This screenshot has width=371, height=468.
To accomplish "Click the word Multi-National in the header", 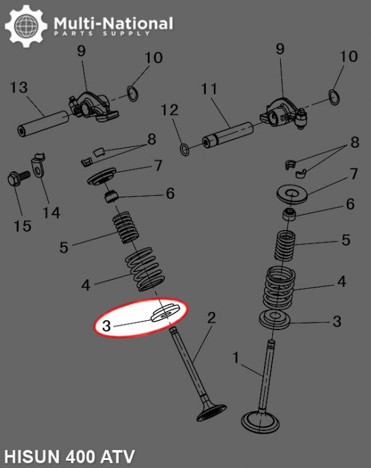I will pos(113,24).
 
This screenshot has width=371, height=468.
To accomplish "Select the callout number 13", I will pos(19,87).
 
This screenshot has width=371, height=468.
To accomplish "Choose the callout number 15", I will pos(22,226).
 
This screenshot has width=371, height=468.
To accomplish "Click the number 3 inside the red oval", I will pos(107,326).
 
